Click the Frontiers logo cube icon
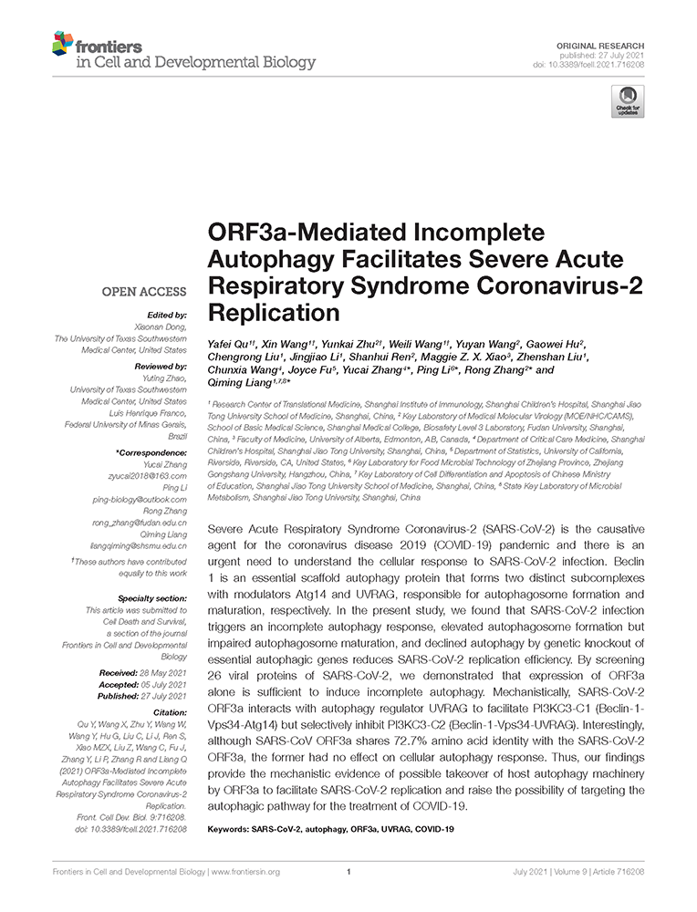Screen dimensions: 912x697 click(62, 43)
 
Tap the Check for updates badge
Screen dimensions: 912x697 click(628, 101)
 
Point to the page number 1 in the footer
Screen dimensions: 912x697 click(348, 873)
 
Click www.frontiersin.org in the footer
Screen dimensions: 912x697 click(245, 873)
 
